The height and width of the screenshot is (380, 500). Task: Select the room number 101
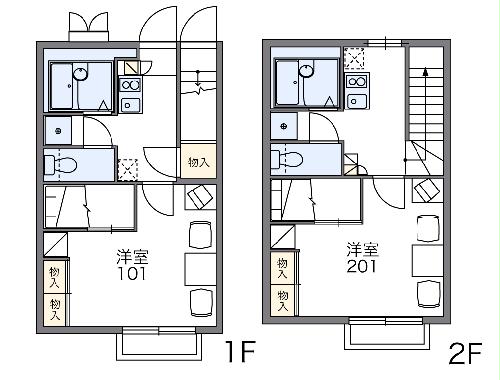pyautogui.click(x=130, y=273)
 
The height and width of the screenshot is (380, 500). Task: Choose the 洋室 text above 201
pyautogui.click(x=362, y=247)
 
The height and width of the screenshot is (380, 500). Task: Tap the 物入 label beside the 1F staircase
pyautogui.click(x=197, y=162)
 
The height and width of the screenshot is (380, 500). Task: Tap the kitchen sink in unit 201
pyautogui.click(x=356, y=99)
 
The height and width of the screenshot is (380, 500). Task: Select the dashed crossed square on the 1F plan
pyautogui.click(x=127, y=168)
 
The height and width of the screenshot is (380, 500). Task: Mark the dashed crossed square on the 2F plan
pyautogui.click(x=354, y=57)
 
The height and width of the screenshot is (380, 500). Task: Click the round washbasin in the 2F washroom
pyautogui.click(x=285, y=127)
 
